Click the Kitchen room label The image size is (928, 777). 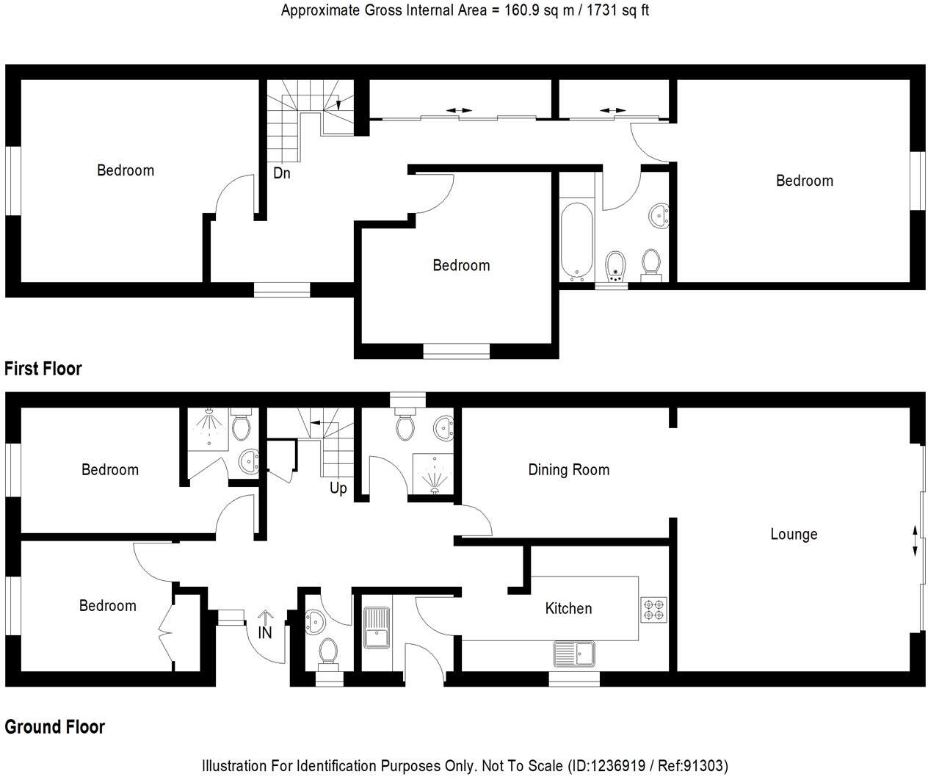pyautogui.click(x=568, y=608)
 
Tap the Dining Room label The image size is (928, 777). pyautogui.click(x=568, y=470)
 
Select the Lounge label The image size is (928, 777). pyautogui.click(x=794, y=534)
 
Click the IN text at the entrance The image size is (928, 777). pyautogui.click(x=265, y=632)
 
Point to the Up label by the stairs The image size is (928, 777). pyautogui.click(x=338, y=488)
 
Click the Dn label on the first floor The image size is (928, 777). pyautogui.click(x=282, y=174)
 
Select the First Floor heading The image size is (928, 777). pyautogui.click(x=43, y=369)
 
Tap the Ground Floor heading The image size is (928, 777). pyautogui.click(x=55, y=727)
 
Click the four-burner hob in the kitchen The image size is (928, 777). pyautogui.click(x=653, y=610)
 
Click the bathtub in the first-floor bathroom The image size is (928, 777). pyautogui.click(x=574, y=241)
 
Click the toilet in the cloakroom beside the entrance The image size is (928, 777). pyautogui.click(x=327, y=651)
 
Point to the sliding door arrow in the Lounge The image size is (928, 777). pyautogui.click(x=915, y=541)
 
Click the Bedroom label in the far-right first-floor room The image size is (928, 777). pyautogui.click(x=804, y=181)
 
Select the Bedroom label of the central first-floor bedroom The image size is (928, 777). pyautogui.click(x=461, y=265)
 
